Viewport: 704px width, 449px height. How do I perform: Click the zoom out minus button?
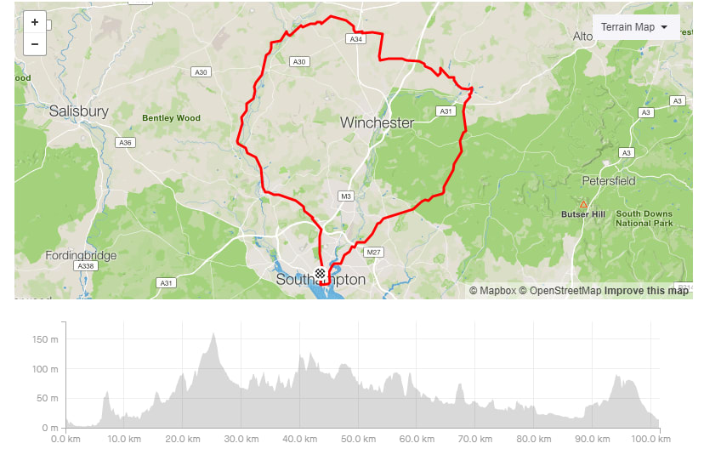(x=35, y=44)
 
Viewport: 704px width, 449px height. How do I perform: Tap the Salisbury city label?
(x=78, y=111)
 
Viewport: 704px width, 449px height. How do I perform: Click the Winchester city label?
(x=377, y=122)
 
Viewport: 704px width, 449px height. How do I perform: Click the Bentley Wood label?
(x=171, y=118)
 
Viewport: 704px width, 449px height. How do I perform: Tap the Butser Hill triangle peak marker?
(x=583, y=204)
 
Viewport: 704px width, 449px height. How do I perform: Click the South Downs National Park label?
(x=644, y=219)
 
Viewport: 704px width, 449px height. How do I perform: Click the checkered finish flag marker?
(x=320, y=274)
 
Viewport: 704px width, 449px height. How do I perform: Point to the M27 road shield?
(x=373, y=253)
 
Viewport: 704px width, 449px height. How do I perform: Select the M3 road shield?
(x=345, y=196)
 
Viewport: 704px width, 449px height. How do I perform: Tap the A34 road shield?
(x=355, y=39)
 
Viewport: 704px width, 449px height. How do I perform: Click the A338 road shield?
(x=84, y=266)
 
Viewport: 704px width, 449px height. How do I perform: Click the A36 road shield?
(x=126, y=142)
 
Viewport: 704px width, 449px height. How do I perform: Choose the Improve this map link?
(x=646, y=291)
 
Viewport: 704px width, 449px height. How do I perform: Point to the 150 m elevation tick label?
(x=45, y=339)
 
